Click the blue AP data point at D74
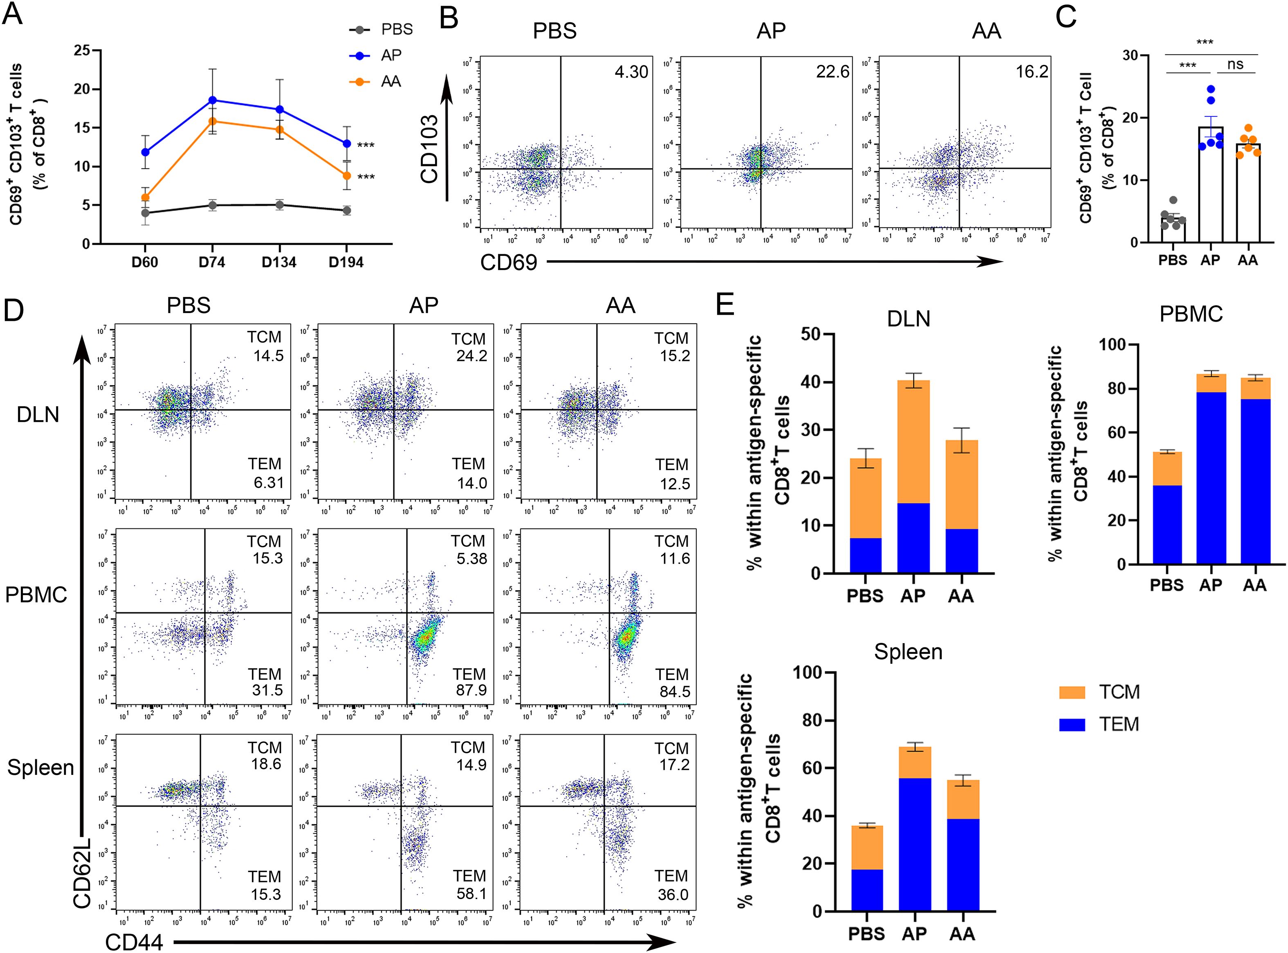click(x=212, y=100)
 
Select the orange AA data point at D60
click(x=145, y=197)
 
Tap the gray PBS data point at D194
click(x=346, y=210)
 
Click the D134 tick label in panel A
click(x=279, y=262)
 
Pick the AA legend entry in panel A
click(x=390, y=81)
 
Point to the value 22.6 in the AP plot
click(x=832, y=72)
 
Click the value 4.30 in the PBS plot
click(x=631, y=72)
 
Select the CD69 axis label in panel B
click(x=508, y=262)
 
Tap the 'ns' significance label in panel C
click(x=1236, y=64)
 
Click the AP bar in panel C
click(x=1211, y=185)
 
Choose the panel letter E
click(x=725, y=304)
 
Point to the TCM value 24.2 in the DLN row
click(x=471, y=356)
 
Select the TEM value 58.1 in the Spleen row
click(x=471, y=894)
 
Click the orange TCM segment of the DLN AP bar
click(x=913, y=441)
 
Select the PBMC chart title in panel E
click(x=1191, y=314)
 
